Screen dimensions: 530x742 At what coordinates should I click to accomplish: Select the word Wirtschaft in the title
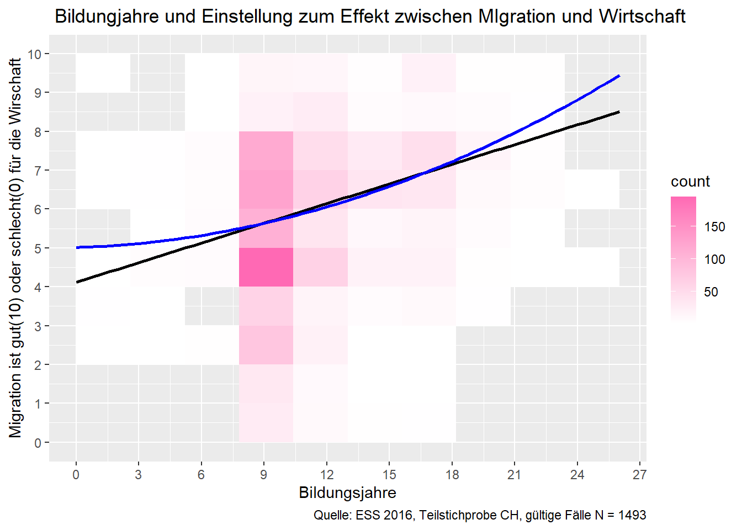click(642, 17)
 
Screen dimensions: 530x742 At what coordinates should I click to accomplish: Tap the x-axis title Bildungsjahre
click(347, 492)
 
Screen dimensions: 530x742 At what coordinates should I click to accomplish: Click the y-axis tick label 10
click(35, 54)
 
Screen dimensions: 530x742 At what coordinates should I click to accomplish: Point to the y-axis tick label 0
click(38, 443)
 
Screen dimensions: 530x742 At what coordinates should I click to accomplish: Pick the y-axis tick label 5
click(38, 248)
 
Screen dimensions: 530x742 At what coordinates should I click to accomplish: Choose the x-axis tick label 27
click(639, 475)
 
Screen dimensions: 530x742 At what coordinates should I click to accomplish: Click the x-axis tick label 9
click(264, 475)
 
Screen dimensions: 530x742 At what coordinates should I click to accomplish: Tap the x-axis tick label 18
click(452, 475)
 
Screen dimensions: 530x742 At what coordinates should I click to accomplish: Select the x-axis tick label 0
click(76, 475)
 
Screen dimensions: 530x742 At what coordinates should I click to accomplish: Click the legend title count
click(690, 182)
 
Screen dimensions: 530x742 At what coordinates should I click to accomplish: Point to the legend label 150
click(714, 227)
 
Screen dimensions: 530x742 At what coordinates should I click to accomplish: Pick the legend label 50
click(711, 292)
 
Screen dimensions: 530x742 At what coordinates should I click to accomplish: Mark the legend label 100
click(714, 259)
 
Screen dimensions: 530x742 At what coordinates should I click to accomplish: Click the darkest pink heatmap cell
click(266, 267)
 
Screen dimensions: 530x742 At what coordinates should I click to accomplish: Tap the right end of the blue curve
click(619, 76)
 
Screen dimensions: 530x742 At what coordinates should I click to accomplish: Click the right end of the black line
click(619, 112)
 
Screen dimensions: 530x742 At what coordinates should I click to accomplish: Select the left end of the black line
click(77, 282)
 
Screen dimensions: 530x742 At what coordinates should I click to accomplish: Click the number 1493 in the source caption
click(632, 515)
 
